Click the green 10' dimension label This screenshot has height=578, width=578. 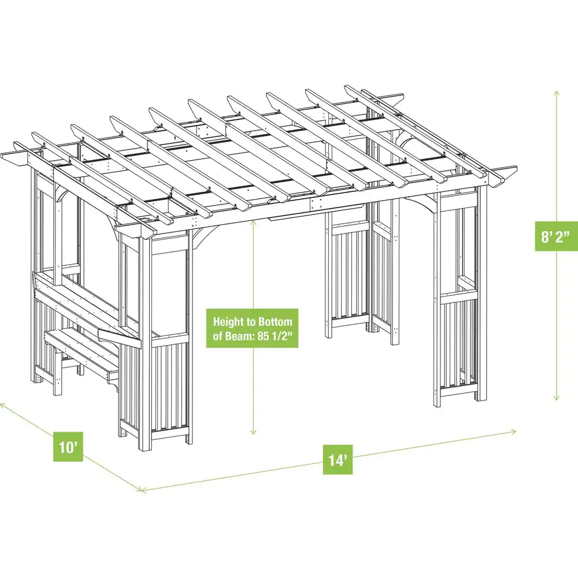tap(68, 446)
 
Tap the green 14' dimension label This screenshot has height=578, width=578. tap(338, 460)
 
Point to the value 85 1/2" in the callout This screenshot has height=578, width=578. tap(278, 337)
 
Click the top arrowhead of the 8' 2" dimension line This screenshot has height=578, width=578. tap(557, 92)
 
